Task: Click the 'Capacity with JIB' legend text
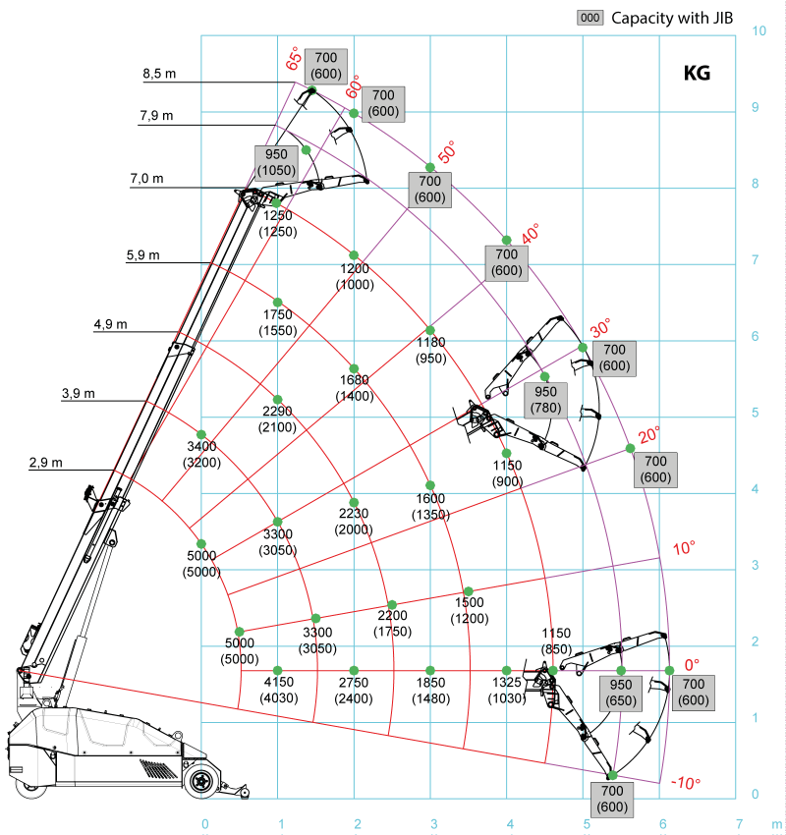[x=672, y=18]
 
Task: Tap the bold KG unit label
[x=697, y=74]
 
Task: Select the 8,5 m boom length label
[x=158, y=74]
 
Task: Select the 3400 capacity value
[x=201, y=447]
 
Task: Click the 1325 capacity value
[x=507, y=683]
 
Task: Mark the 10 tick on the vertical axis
[x=758, y=31]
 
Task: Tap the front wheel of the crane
[x=201, y=781]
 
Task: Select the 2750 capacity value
[x=354, y=683]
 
